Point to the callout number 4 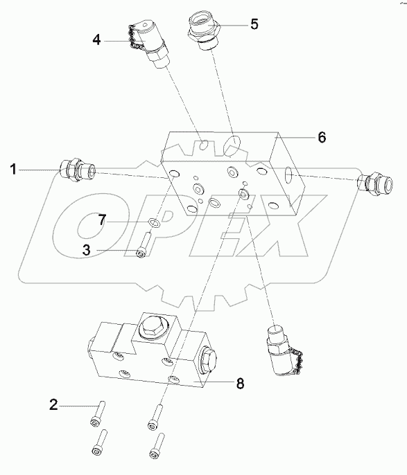tap(98, 40)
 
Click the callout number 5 tap(254, 24)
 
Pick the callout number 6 tap(321, 137)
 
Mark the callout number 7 tap(101, 220)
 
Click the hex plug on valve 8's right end tap(208, 361)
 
